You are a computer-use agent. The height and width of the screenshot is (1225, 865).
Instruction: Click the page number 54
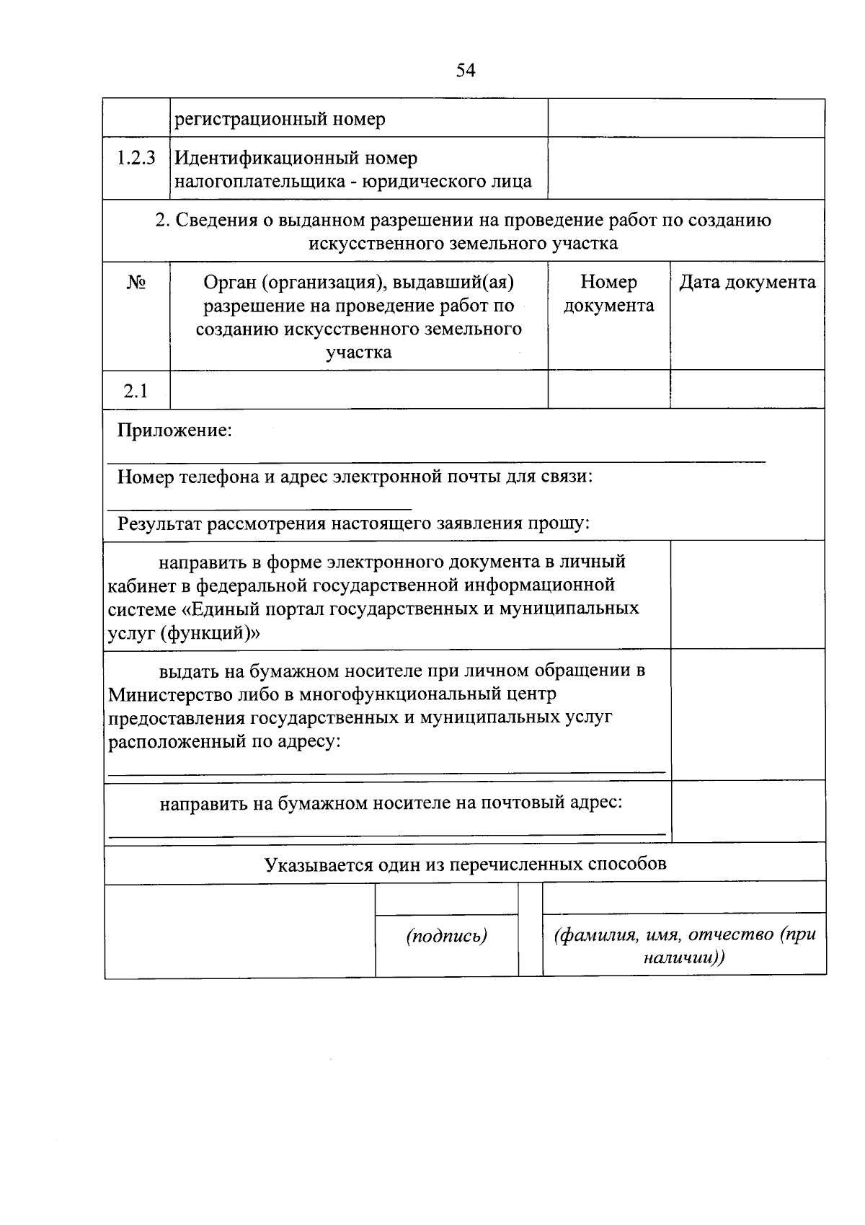466,70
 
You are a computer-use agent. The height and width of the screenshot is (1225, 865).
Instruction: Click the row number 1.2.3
136,158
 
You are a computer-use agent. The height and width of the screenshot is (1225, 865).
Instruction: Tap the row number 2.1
136,391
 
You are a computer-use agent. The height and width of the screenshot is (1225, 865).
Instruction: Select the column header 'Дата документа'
748,283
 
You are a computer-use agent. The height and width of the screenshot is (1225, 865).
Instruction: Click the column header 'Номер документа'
608,294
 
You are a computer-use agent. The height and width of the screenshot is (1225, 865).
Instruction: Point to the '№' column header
136,283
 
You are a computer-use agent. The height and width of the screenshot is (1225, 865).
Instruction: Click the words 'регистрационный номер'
280,119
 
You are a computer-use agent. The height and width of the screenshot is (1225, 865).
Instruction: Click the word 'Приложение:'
175,430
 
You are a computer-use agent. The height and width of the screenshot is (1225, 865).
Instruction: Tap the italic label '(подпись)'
446,937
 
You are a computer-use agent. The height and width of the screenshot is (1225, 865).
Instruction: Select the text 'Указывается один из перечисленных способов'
465,864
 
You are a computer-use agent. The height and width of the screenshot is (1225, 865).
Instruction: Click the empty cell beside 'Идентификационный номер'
686,169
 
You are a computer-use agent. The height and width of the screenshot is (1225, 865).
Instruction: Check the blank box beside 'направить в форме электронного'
748,595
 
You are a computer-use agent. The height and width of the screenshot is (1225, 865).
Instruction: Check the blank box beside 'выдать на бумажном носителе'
748,714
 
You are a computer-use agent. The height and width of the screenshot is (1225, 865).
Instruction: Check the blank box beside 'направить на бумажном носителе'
748,811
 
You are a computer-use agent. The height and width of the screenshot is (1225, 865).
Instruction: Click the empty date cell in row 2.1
748,390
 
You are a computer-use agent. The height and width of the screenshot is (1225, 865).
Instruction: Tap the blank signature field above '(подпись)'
446,899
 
